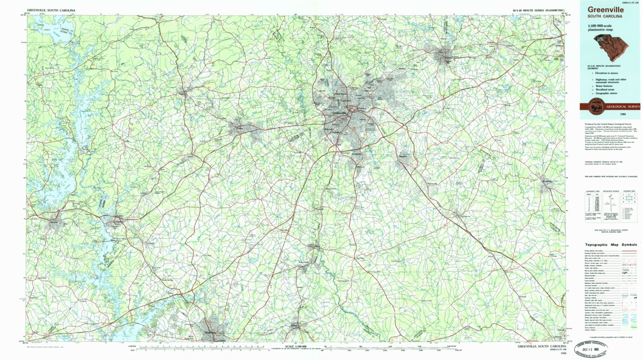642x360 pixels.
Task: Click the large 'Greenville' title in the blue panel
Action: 603,10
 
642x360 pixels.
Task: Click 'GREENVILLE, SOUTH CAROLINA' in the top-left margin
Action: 51,10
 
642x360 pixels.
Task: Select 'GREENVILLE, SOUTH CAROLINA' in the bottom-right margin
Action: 540,347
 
